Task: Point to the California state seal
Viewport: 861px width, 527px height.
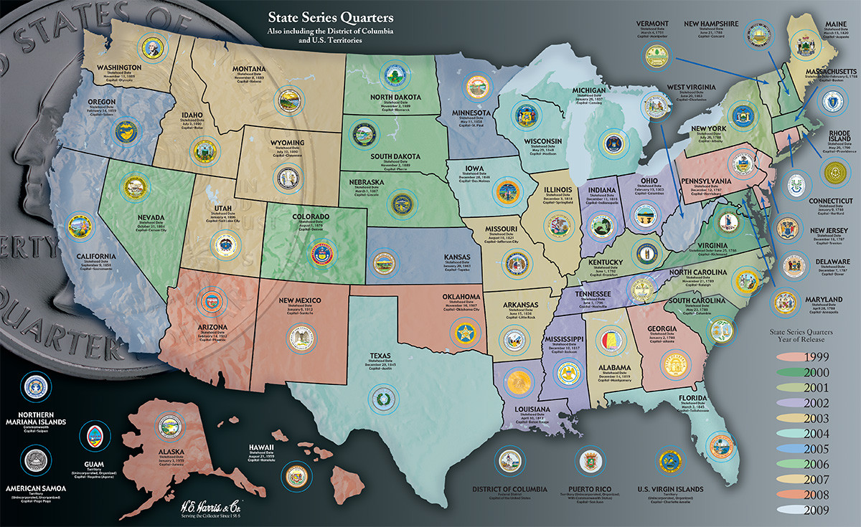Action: pyautogui.click(x=79, y=227)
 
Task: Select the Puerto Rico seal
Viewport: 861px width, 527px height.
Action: pyautogui.click(x=589, y=460)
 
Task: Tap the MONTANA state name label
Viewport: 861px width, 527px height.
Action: pyautogui.click(x=249, y=70)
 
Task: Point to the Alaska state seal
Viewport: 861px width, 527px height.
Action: pyautogui.click(x=169, y=427)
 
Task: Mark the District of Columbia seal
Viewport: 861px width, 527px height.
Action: pyautogui.click(x=509, y=460)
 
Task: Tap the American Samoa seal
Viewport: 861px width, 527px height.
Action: pyautogui.click(x=34, y=457)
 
